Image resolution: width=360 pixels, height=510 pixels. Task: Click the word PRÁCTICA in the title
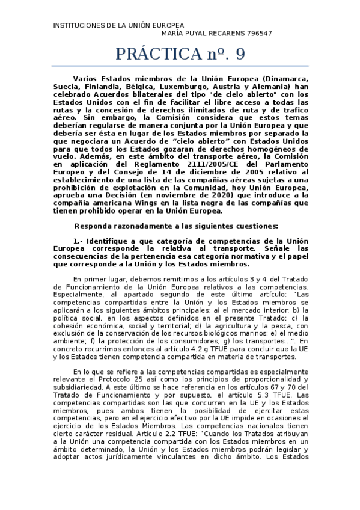pyautogui.click(x=157, y=54)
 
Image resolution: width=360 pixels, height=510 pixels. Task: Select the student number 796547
pyautogui.click(x=259, y=34)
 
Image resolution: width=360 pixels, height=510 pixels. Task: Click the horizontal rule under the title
pyautogui.click(x=181, y=66)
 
